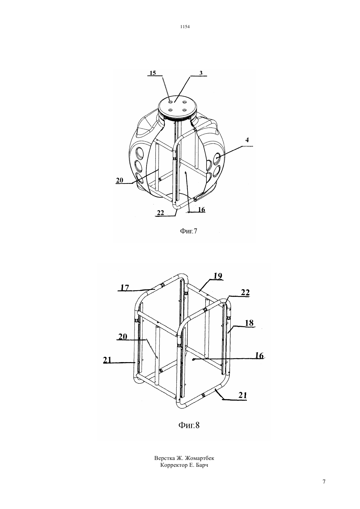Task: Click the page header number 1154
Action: click(185, 27)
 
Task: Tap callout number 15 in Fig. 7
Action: click(153, 73)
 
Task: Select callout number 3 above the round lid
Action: click(201, 73)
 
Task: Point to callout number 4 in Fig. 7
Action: click(247, 140)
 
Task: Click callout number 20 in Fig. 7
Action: click(119, 180)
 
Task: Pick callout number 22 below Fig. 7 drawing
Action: click(160, 213)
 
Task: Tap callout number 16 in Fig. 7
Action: click(202, 210)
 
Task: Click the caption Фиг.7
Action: click(189, 231)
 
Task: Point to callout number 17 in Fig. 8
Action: click(125, 288)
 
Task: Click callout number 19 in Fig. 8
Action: click(218, 276)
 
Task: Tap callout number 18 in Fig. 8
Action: click(249, 323)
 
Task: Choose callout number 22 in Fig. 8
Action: click(245, 292)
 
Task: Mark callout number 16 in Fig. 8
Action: click(259, 355)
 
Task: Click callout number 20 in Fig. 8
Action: click(123, 337)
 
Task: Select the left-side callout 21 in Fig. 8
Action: click(107, 360)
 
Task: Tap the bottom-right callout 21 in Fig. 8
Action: click(243, 395)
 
